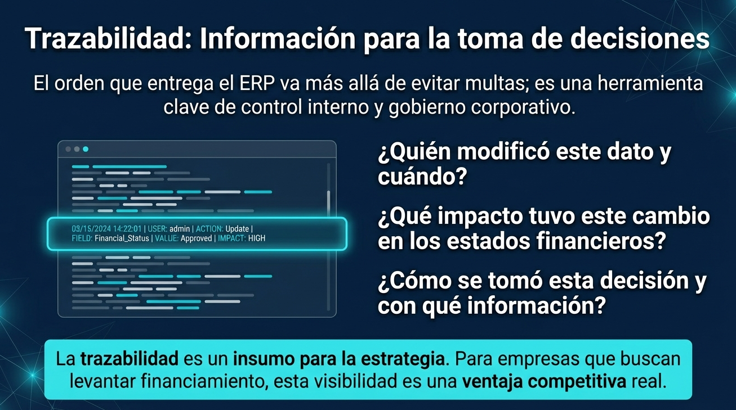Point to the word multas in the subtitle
pyautogui.click(x=499, y=84)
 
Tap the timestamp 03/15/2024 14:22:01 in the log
pyautogui.click(x=107, y=229)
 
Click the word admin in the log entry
pyautogui.click(x=180, y=229)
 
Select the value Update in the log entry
pyautogui.click(x=237, y=229)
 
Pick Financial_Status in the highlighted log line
pyautogui.click(x=122, y=238)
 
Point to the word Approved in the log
pyautogui.click(x=196, y=238)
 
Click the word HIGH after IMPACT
pyautogui.click(x=257, y=238)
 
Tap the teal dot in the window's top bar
pyautogui.click(x=86, y=149)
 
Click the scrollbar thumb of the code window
pyautogui.click(x=328, y=200)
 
